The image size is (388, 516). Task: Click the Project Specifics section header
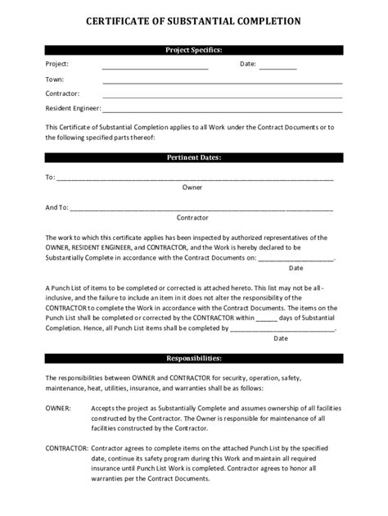(x=193, y=50)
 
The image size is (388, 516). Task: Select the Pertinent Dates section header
(x=193, y=157)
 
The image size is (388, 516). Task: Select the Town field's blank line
(x=222, y=82)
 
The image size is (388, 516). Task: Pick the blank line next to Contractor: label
(x=222, y=97)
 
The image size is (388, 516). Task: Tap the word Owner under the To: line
(x=192, y=187)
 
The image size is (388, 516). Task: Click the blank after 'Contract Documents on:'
(x=296, y=257)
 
